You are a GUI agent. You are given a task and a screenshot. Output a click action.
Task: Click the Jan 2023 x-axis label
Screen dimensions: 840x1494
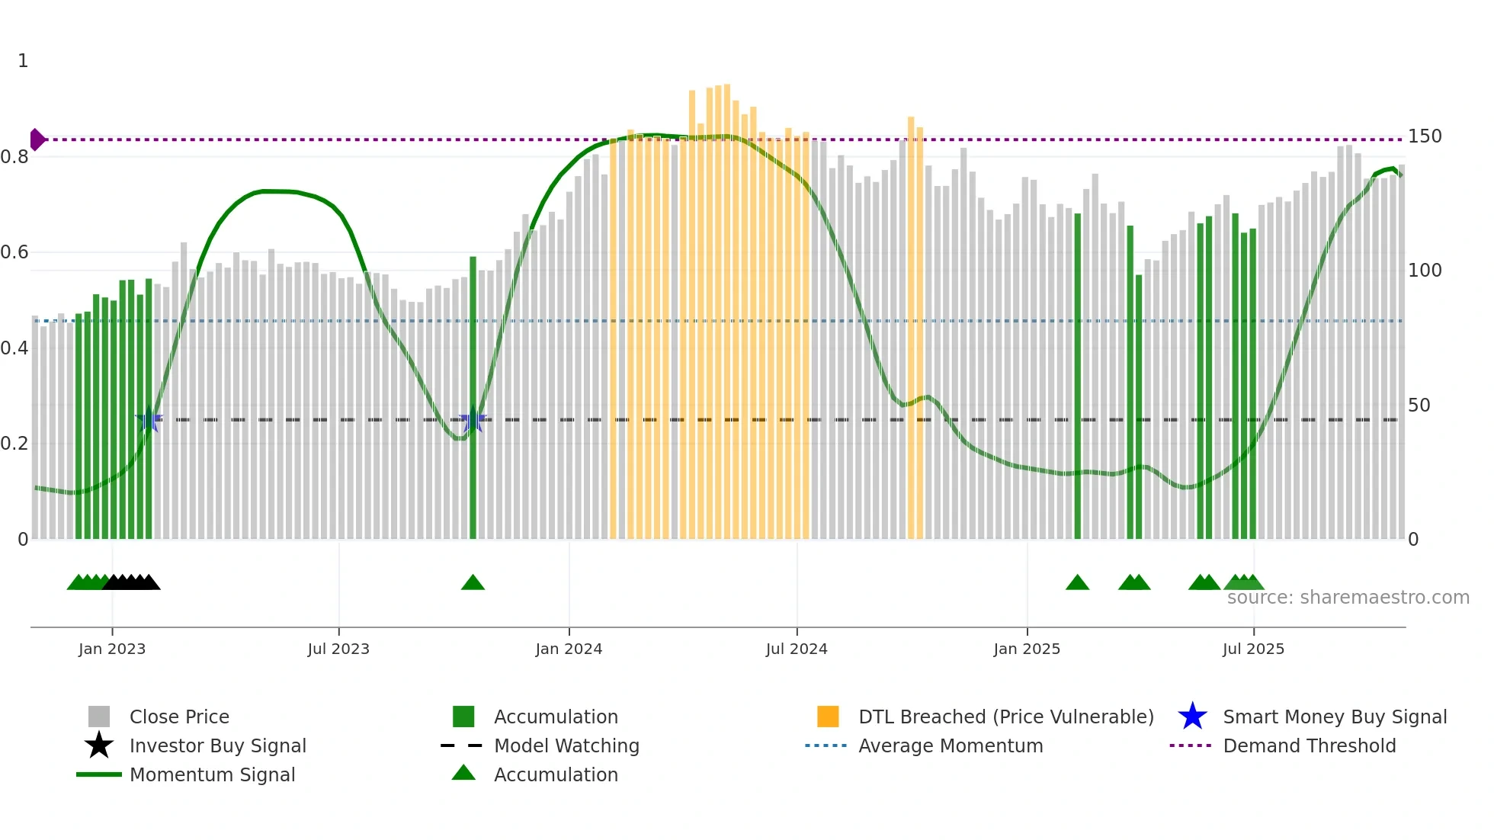click(112, 649)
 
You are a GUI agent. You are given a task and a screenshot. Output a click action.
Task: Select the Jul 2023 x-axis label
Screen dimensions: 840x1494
click(338, 649)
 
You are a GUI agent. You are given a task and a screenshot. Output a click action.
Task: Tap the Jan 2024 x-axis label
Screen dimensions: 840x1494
click(569, 649)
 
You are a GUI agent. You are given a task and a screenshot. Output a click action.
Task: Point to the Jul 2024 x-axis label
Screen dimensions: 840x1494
click(797, 649)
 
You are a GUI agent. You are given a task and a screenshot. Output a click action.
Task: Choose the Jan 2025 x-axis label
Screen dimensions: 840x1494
click(1027, 649)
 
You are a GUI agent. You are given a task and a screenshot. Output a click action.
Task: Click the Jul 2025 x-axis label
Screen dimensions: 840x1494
click(1253, 649)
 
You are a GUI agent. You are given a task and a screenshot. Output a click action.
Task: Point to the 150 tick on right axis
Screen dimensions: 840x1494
click(1425, 136)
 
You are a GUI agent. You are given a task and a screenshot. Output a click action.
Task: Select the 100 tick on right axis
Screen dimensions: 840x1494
click(1425, 271)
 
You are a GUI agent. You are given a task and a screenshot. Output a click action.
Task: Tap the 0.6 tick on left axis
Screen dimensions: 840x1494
click(14, 252)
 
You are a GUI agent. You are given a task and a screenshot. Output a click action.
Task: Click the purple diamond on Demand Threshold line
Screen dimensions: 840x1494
click(37, 139)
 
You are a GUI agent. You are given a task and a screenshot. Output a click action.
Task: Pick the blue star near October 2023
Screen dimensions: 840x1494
click(473, 420)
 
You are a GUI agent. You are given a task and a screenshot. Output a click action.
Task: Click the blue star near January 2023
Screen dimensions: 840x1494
click(149, 420)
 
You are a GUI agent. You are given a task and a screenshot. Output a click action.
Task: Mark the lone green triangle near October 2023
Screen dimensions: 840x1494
click(473, 582)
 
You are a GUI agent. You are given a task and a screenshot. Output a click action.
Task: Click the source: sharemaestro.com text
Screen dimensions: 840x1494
click(1348, 598)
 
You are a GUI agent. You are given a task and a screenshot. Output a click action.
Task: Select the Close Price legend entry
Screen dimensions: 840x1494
click(179, 717)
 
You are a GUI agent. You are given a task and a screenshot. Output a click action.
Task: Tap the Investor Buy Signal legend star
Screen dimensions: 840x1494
click(99, 745)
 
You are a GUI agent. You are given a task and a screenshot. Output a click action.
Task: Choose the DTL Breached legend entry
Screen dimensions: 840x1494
click(1005, 717)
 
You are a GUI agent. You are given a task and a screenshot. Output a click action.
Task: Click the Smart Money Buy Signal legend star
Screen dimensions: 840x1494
click(1192, 717)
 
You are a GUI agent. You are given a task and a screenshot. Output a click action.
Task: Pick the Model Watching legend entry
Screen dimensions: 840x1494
click(566, 745)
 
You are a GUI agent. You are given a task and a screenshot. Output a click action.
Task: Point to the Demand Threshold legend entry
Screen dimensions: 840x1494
click(1309, 745)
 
